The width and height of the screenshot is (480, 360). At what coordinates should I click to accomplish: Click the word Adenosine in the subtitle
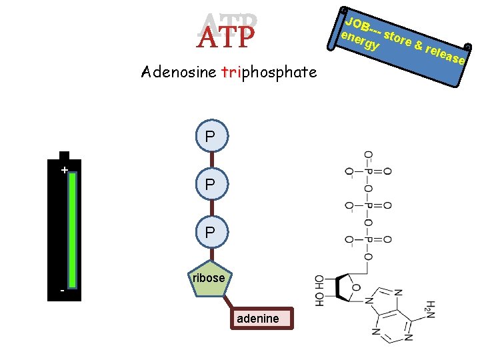178,72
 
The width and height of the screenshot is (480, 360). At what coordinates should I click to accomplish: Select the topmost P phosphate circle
211,137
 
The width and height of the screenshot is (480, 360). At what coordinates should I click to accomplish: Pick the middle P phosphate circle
211,184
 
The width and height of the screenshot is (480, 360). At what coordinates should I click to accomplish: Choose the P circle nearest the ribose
211,231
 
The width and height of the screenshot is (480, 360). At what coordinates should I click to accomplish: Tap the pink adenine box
257,318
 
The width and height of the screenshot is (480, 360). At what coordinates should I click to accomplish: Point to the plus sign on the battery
63,171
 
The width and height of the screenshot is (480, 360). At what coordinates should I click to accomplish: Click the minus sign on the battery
63,291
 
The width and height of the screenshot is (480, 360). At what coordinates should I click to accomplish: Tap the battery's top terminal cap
64,156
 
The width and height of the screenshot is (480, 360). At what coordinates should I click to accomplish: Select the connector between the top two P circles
211,160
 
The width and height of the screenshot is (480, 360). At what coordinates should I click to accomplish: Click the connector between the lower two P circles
211,207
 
